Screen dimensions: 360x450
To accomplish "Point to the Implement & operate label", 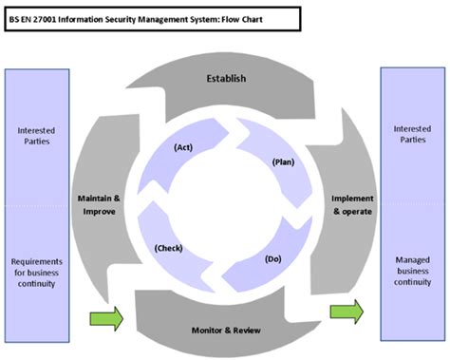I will coord(351,204).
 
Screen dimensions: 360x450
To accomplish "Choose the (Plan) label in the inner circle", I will coord(282,161).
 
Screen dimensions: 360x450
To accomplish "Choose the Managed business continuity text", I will coord(413,269).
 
